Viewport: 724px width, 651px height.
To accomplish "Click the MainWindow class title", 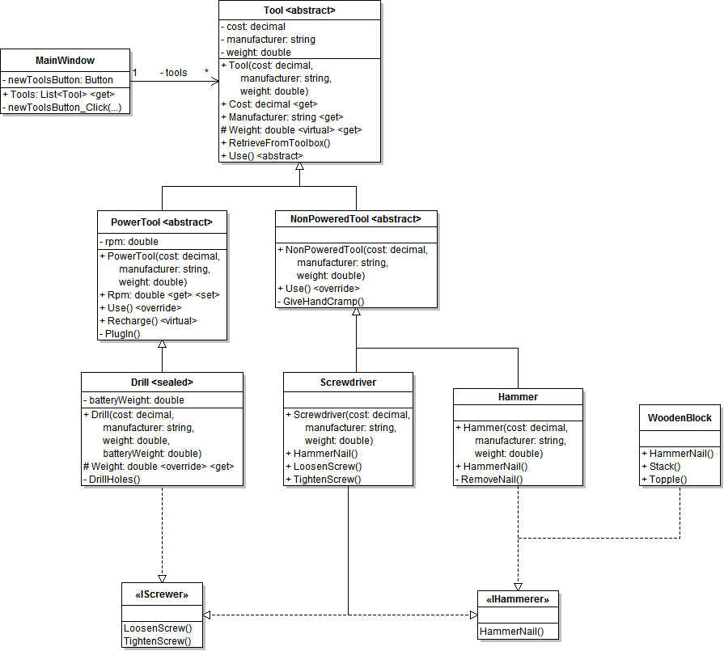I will pyautogui.click(x=65, y=60).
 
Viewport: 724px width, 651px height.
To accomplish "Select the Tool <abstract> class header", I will pyautogui.click(x=299, y=11).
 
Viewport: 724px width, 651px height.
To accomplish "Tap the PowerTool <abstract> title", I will pyautogui.click(x=162, y=222).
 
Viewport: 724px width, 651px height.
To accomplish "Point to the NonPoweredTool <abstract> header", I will pyautogui.click(x=356, y=218).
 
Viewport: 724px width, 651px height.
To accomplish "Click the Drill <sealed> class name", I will pyautogui.click(x=162, y=382).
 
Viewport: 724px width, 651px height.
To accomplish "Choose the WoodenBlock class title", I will pyautogui.click(x=680, y=417).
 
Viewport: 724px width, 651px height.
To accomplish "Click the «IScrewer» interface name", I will pyautogui.click(x=162, y=594).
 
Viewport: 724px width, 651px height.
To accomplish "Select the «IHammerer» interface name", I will pyautogui.click(x=518, y=599).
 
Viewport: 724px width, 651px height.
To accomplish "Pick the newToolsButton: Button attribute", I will pyautogui.click(x=59, y=80).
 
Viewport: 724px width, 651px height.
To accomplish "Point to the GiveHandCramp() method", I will pyautogui.click(x=323, y=302).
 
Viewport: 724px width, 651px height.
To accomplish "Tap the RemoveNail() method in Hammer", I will pyautogui.click(x=491, y=479).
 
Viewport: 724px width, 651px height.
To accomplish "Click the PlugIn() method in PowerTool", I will pyautogui.click(x=123, y=333).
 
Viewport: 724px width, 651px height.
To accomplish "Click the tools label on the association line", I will pyautogui.click(x=176, y=72).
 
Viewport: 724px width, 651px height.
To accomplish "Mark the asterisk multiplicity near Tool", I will pyautogui.click(x=207, y=73).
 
